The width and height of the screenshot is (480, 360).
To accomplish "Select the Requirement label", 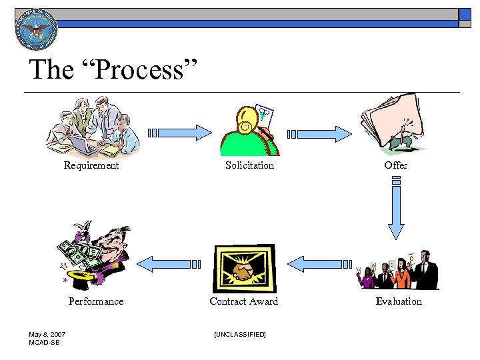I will point(91,165).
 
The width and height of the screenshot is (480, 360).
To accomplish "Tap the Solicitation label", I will point(249,165).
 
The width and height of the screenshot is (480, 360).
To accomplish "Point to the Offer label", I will point(396,165).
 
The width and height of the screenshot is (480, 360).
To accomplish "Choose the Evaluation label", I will point(399,301).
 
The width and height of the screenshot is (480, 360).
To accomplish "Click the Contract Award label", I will point(243,301).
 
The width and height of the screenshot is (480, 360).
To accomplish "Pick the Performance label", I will point(96,301).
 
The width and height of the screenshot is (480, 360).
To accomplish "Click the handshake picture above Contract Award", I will point(243,269).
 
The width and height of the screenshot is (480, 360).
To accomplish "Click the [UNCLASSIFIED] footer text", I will point(240,333).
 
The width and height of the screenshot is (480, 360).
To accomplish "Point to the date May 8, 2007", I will point(47,334).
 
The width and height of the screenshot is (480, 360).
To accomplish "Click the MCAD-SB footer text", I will point(43,342).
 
